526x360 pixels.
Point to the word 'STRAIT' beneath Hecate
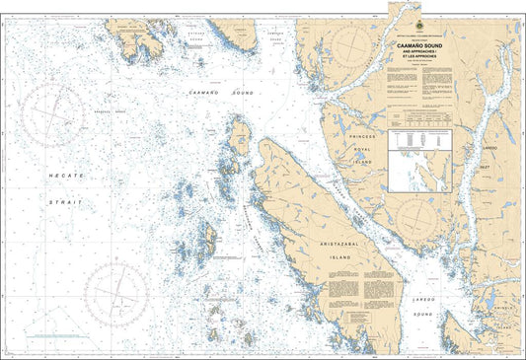tap(67, 201)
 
